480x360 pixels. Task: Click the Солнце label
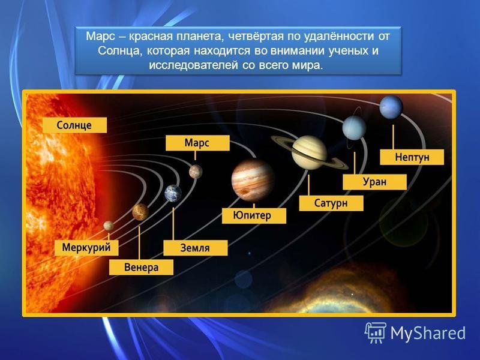tap(74, 125)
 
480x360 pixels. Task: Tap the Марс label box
tap(197, 143)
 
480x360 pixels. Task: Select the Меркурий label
tap(86, 247)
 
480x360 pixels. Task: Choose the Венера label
tap(141, 267)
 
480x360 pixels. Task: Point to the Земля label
tap(196, 248)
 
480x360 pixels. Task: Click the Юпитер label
tap(254, 215)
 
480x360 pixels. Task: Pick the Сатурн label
tap(331, 203)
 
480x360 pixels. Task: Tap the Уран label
tap(374, 182)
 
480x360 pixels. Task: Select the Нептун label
tap(412, 157)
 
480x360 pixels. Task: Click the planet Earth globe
tap(173, 193)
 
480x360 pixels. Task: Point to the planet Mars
tap(196, 172)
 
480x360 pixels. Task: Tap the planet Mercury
tap(109, 226)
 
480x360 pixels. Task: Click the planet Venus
tap(140, 212)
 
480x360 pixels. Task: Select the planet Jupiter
tap(253, 181)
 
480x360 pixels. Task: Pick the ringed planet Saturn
tap(309, 152)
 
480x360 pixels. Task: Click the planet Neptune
tap(391, 107)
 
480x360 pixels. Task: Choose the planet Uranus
tap(354, 128)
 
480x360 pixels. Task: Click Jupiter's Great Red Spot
tap(245, 192)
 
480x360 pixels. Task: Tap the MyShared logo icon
tap(376, 333)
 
